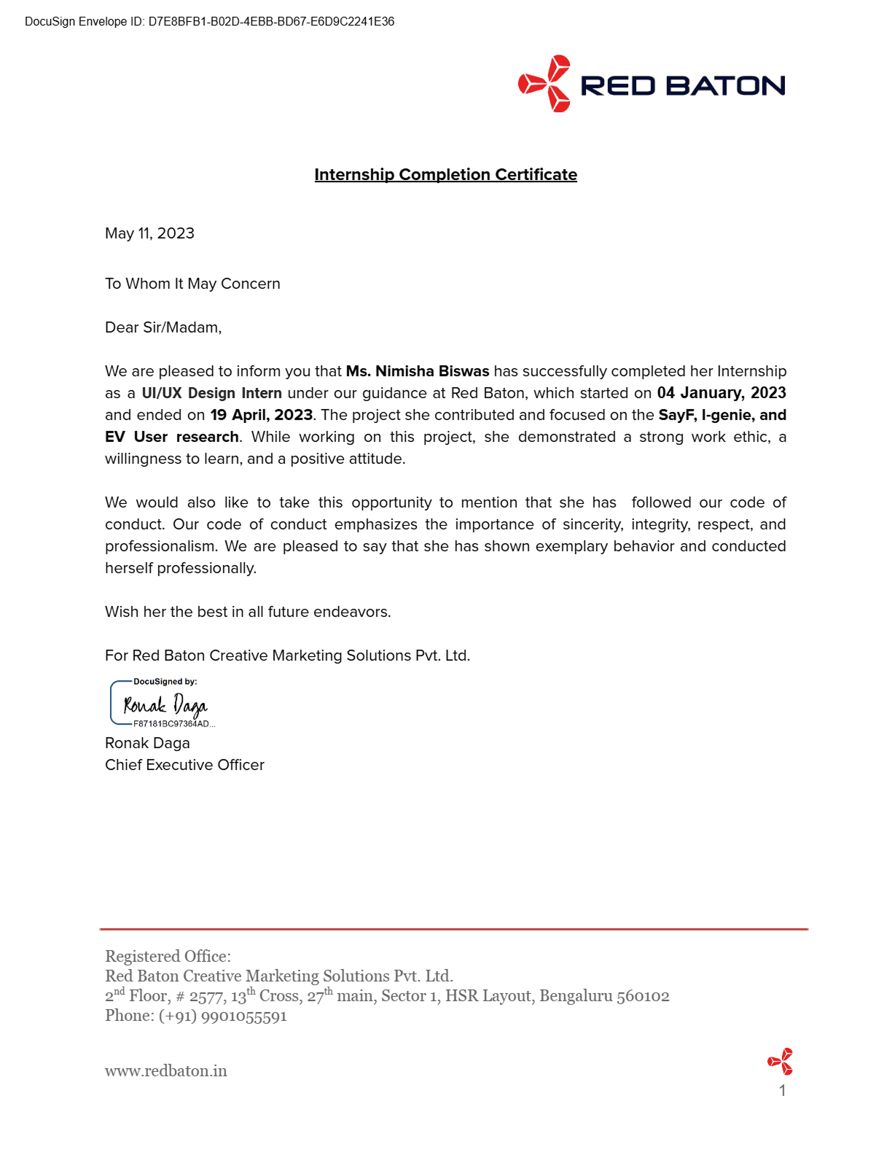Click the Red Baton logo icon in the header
(545, 84)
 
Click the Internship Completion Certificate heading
(445, 175)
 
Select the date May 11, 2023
(149, 233)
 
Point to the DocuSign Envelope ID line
(209, 22)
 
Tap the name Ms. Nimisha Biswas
(418, 371)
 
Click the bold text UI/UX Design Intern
(211, 393)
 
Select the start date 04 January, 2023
(721, 393)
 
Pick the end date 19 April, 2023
(261, 415)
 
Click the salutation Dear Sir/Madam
(163, 327)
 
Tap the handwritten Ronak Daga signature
(165, 705)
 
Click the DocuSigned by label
(165, 682)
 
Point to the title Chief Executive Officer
(184, 765)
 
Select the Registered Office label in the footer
(168, 956)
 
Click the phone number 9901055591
(243, 1016)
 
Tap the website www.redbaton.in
(166, 1071)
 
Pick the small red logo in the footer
(780, 1062)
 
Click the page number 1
(782, 1091)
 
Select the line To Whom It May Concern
(192, 284)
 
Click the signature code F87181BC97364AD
(172, 724)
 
